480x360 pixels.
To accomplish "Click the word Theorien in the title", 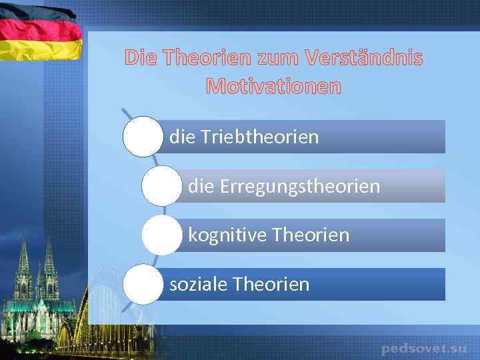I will tap(204, 59).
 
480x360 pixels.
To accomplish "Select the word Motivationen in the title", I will tap(273, 87).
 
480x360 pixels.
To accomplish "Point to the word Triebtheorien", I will tap(259, 137).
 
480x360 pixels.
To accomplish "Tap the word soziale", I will tap(199, 285).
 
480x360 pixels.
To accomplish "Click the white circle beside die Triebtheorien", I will tap(143, 137).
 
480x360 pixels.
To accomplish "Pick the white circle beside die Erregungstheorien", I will tap(161, 186).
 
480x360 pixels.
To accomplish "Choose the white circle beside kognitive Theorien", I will tap(161, 235).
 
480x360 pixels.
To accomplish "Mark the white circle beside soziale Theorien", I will tap(143, 285).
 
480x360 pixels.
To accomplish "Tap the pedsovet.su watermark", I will tap(424, 348).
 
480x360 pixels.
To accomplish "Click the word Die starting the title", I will tap(142, 59).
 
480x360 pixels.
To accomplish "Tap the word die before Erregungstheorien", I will tap(201, 186).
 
